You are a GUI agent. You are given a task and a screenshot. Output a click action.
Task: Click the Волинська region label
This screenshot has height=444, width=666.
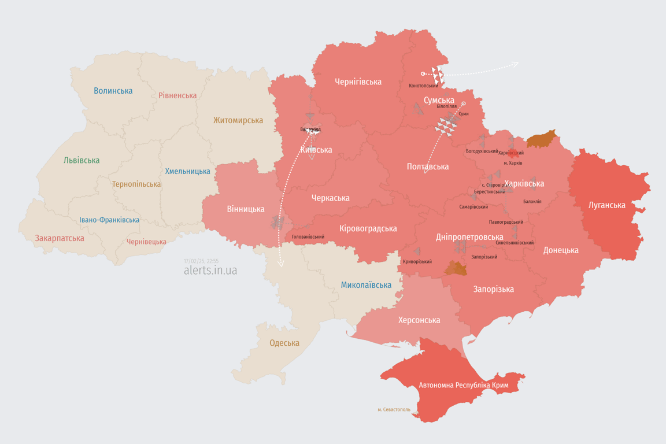(x=113, y=91)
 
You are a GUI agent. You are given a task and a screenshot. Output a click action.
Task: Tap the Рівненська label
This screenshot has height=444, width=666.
(x=177, y=95)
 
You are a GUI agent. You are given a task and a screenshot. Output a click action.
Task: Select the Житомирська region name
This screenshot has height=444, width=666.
(x=238, y=120)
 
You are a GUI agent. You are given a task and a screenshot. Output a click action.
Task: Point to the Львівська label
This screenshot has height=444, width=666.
(x=82, y=160)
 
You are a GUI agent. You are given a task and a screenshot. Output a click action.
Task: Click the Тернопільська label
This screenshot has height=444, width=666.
(x=136, y=184)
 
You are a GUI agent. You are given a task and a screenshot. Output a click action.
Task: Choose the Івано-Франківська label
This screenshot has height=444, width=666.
(x=109, y=220)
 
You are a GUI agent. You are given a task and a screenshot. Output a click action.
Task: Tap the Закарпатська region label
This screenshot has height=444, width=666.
(x=60, y=238)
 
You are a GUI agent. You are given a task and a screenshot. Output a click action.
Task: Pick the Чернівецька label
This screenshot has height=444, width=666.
(x=146, y=242)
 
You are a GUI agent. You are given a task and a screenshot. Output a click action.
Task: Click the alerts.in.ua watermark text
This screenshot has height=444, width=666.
(x=210, y=270)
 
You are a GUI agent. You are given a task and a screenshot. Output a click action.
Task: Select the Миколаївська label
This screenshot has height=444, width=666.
(x=366, y=285)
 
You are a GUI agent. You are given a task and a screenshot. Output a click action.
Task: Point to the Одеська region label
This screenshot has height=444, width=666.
(x=284, y=343)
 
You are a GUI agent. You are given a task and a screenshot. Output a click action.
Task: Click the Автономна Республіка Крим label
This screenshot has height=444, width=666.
(x=462, y=385)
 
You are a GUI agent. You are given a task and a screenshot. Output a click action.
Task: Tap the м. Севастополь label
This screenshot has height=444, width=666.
(x=394, y=410)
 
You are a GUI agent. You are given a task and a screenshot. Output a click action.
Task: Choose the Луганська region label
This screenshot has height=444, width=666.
(x=606, y=205)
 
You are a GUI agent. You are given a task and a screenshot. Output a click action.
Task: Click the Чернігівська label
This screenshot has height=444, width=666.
(x=358, y=82)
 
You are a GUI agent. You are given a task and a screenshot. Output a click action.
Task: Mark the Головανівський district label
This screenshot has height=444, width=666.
(x=308, y=237)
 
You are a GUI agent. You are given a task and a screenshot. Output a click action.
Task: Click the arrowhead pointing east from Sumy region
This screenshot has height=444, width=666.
(x=516, y=64)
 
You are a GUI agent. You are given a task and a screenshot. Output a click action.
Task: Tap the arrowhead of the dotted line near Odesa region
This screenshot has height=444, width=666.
(x=281, y=264)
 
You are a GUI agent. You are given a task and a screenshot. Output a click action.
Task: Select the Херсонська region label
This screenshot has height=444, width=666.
(x=419, y=320)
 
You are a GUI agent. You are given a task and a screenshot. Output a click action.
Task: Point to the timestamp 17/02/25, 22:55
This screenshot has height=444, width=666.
(x=201, y=261)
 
